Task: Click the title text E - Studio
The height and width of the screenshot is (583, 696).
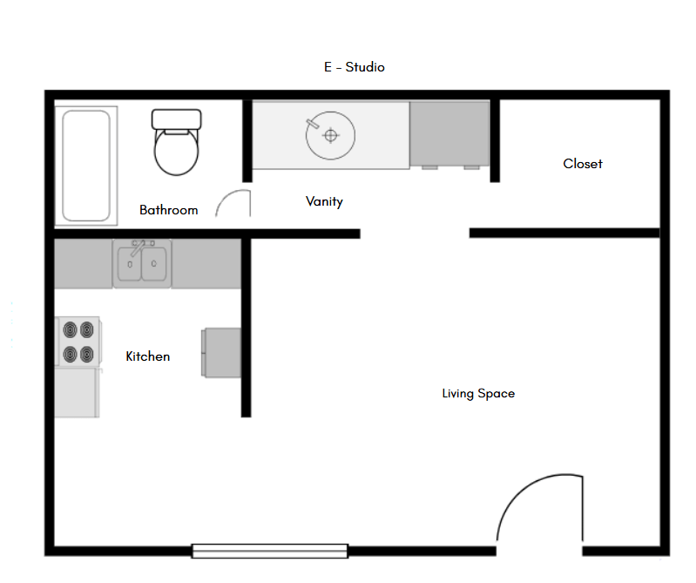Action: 354,67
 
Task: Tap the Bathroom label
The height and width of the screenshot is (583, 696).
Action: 168,210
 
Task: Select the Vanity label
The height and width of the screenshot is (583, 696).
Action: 324,201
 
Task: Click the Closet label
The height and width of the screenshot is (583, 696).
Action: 582,164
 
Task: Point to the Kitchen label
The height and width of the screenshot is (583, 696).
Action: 148,356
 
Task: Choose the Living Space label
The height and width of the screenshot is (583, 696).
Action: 478,394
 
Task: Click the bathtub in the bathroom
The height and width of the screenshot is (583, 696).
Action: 86,165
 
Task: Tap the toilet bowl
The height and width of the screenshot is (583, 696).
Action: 177,152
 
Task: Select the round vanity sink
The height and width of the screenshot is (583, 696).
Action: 330,135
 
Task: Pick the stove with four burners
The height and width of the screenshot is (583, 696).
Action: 78,342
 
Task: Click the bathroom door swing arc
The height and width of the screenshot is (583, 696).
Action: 233,203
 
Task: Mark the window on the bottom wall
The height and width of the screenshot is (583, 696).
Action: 270,551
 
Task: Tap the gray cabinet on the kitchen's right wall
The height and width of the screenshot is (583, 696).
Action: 221,351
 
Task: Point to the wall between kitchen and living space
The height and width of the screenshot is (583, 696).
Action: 247,327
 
